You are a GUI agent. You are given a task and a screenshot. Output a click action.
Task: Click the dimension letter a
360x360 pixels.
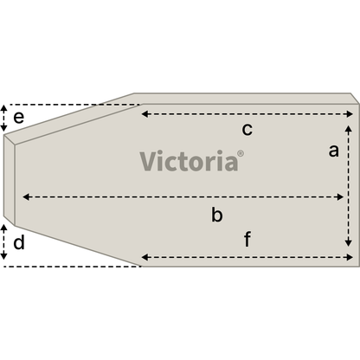333,151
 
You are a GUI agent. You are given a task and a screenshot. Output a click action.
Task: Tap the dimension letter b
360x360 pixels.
217,215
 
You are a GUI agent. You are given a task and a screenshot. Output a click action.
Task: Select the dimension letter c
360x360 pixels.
247,129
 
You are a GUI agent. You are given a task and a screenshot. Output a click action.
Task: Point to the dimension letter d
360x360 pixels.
19,242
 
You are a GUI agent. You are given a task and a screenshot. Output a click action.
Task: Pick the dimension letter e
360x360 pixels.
19,118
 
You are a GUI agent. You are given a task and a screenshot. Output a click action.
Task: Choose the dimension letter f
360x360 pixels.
247,239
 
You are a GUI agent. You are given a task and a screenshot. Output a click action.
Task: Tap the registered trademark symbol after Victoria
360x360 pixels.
241,153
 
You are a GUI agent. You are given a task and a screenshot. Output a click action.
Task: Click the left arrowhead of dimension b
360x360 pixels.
26,197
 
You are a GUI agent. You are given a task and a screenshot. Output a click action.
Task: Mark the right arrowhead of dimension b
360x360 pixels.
340,197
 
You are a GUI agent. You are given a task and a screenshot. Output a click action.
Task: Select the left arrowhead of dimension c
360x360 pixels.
145,114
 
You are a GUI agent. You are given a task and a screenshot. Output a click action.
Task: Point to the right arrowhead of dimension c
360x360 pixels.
350,114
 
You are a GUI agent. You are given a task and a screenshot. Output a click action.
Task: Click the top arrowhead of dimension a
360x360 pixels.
349,129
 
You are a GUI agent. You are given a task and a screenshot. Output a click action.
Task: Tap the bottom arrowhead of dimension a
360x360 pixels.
349,242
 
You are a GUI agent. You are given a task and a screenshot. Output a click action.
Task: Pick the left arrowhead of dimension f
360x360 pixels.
145,257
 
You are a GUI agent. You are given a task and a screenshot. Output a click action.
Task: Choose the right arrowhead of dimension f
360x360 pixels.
350,257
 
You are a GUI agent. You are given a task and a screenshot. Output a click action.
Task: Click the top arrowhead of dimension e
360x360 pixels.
3,109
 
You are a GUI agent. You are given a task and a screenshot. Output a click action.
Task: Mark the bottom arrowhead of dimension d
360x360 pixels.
3,255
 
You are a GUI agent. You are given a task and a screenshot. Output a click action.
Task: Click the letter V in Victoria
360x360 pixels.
148,161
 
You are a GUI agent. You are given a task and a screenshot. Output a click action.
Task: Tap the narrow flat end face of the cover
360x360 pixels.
10,179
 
